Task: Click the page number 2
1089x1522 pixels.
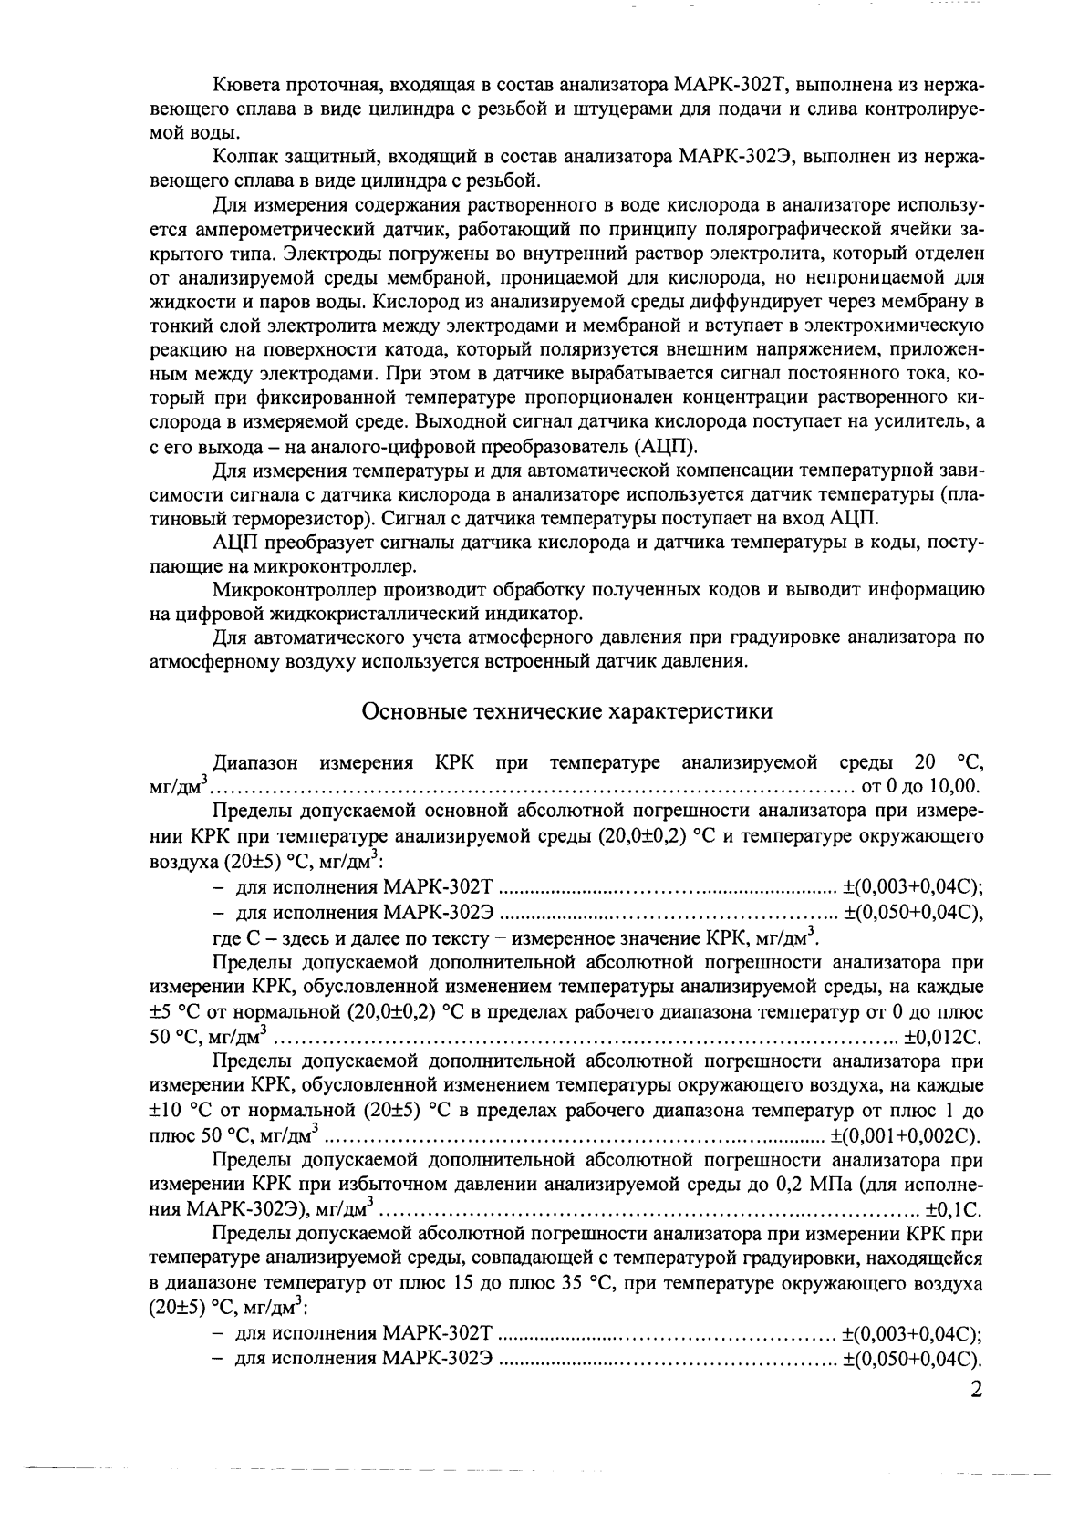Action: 975,1393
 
